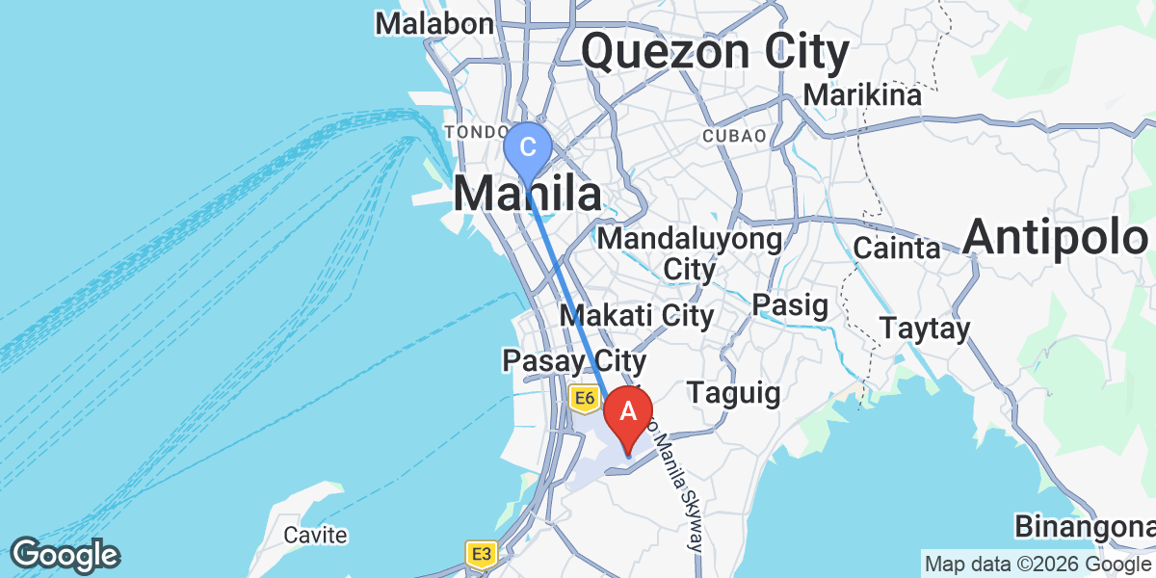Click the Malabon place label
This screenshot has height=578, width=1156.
point(434,23)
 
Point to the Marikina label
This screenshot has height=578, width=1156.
point(862,95)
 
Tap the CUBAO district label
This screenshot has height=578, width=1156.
point(735,136)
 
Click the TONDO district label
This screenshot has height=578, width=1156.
point(475,131)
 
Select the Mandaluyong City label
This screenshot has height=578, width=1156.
point(690,253)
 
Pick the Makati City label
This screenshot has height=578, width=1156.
point(637,315)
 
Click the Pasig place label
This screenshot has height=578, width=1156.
point(790,306)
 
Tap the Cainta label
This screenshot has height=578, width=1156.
point(897,249)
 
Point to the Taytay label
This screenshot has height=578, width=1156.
point(924,328)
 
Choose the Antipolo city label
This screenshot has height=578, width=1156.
point(1058,237)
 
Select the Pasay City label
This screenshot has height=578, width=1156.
point(572,361)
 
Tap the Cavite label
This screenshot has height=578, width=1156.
point(315,535)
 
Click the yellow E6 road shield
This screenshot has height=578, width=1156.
point(583,397)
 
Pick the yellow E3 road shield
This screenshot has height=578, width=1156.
point(481,554)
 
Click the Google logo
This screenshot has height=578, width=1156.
point(65,555)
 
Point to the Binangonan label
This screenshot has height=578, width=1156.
point(1084,527)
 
